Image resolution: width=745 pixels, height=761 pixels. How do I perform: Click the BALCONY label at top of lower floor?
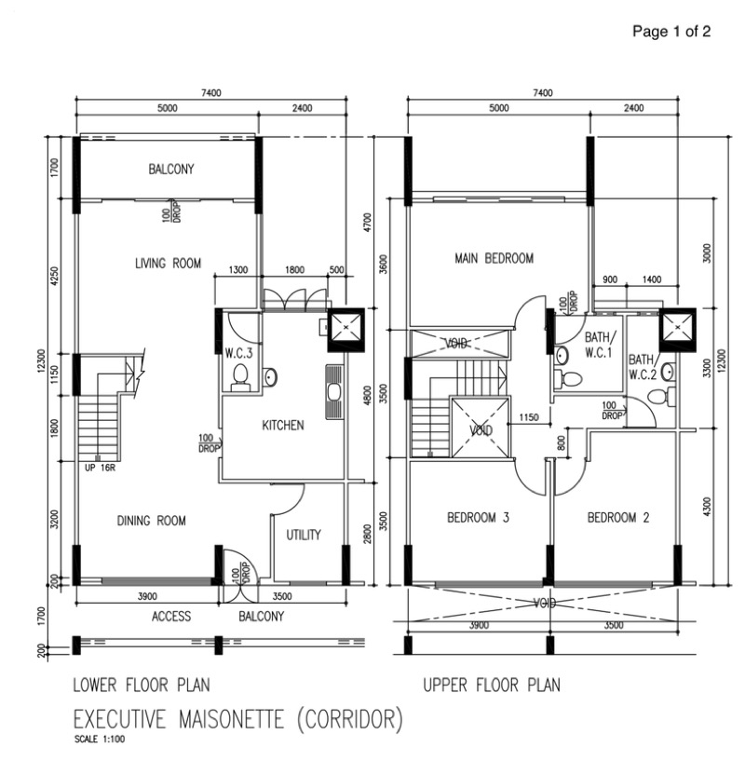tap(170, 170)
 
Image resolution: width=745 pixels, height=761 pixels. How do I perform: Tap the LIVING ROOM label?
tap(168, 264)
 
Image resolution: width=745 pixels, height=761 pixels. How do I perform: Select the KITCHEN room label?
tap(282, 426)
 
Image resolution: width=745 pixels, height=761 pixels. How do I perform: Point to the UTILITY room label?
tap(304, 535)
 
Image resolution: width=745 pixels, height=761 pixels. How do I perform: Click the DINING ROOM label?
tap(152, 521)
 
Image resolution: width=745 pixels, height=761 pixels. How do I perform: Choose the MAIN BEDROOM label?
tap(494, 258)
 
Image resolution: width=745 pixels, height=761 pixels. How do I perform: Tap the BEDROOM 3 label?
tap(478, 518)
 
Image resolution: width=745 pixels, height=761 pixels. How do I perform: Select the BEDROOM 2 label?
tap(617, 518)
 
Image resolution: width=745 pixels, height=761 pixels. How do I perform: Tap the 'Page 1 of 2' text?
tap(671, 32)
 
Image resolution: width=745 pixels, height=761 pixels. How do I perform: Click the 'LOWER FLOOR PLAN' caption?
tap(141, 686)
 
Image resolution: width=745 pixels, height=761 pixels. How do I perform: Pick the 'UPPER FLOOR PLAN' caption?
tap(492, 686)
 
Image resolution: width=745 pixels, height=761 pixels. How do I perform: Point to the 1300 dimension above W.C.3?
tap(237, 270)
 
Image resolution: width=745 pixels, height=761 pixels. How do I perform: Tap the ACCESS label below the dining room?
tap(171, 617)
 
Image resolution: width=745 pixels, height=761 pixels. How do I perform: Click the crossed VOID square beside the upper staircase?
tap(481, 430)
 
